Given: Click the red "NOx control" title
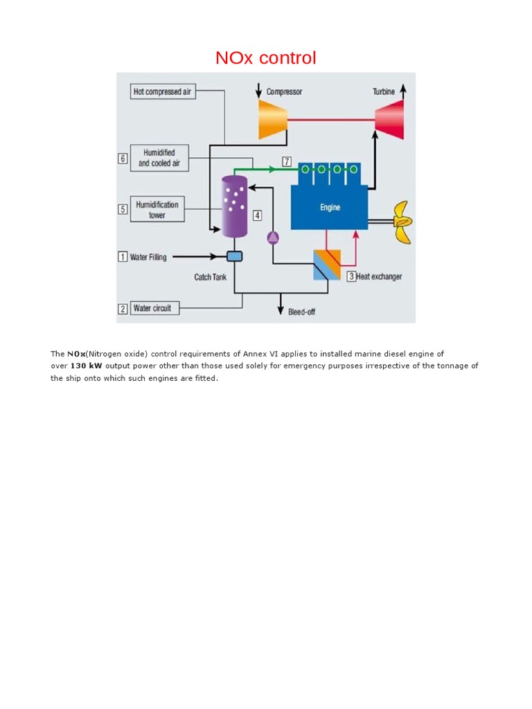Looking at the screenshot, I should tap(265, 58).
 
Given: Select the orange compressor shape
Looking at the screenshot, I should tap(272, 119).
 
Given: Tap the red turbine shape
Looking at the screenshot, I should tap(390, 119).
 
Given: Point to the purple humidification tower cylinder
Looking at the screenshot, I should tap(233, 206).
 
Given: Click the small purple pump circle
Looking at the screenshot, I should tap(272, 237).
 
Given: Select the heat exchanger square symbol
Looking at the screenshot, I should tap(326, 264).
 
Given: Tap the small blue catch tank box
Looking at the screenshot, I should tap(234, 257).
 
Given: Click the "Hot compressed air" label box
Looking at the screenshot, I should tap(163, 91).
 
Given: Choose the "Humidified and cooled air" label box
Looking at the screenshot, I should tap(159, 158).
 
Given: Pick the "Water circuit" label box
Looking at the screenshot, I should tap(155, 308).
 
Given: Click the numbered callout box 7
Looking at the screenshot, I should tap(287, 162).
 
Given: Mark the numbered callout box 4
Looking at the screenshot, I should tap(257, 215).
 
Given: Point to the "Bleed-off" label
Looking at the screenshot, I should tap(301, 312).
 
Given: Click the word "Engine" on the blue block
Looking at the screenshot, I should tap(330, 207).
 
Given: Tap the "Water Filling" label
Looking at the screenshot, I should tap(148, 258).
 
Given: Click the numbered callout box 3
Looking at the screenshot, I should tap(351, 276).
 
